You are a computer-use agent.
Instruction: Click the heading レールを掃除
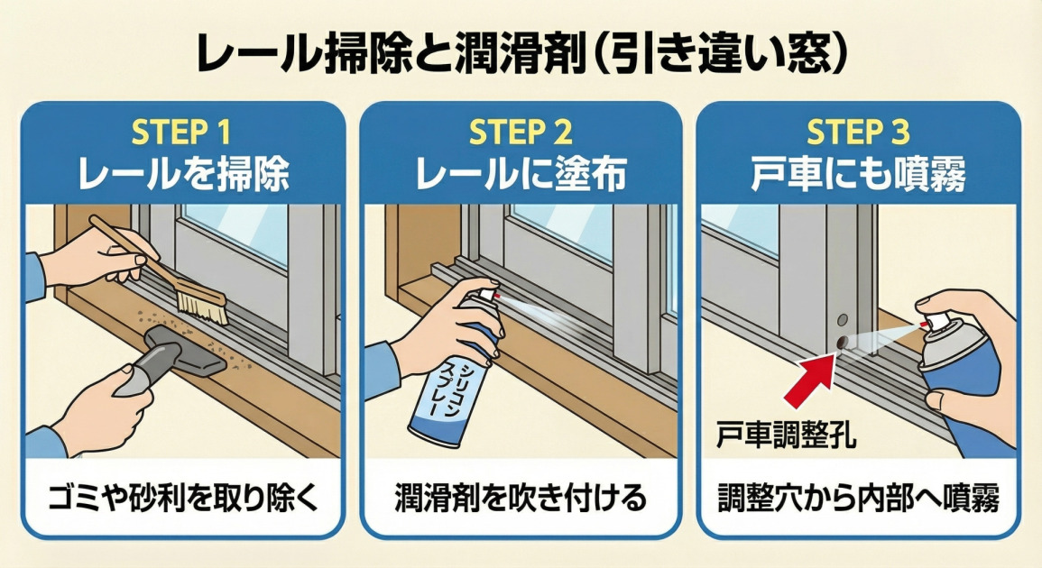[183, 174]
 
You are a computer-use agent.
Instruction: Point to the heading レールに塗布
[521, 174]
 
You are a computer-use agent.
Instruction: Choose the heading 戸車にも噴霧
[858, 174]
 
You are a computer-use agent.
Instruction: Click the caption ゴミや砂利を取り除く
[183, 498]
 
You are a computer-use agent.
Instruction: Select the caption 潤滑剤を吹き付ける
[521, 498]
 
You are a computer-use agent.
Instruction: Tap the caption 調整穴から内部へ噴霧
[858, 498]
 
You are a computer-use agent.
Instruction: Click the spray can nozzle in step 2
[488, 295]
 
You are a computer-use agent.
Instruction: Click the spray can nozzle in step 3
[933, 322]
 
